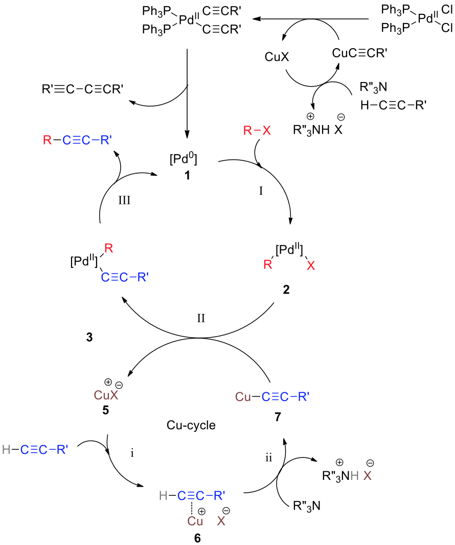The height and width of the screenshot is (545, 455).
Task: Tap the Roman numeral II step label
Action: (201, 318)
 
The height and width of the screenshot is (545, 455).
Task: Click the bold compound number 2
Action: (286, 290)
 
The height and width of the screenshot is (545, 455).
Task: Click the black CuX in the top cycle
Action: (277, 56)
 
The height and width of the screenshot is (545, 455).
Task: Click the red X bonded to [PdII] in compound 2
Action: (310, 265)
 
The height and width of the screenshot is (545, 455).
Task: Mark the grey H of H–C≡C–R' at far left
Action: (6, 450)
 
